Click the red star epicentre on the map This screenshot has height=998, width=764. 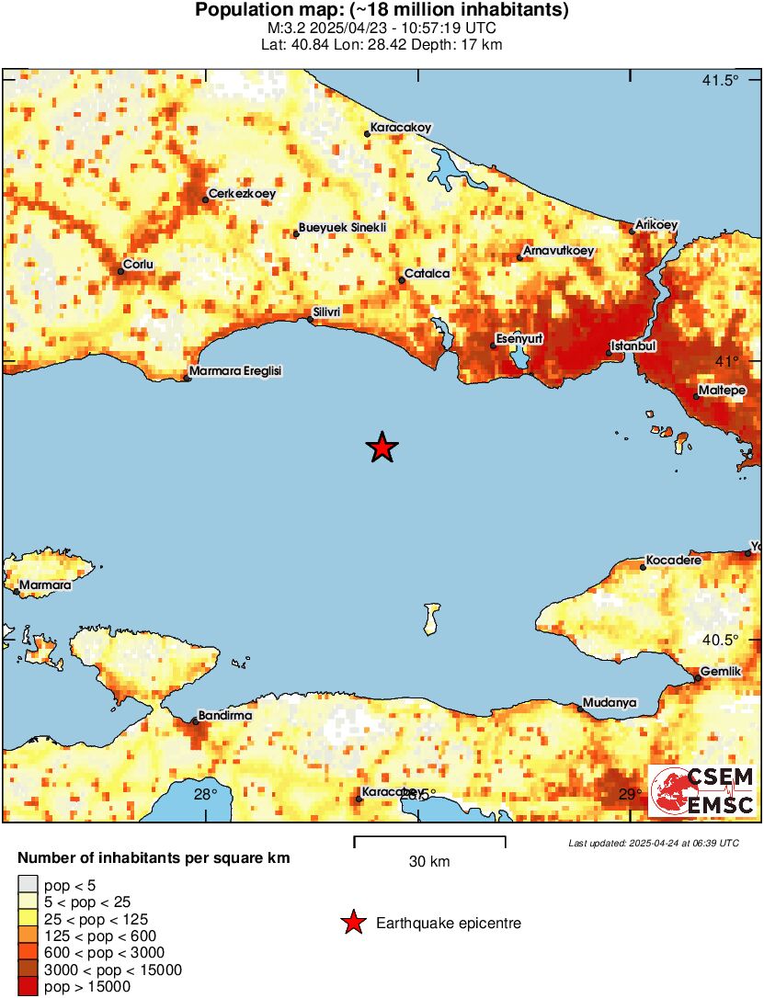(x=382, y=448)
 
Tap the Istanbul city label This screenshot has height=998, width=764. (x=634, y=346)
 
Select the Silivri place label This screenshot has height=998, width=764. (x=327, y=312)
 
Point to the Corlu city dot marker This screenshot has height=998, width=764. (x=120, y=271)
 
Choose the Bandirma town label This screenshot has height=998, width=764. (x=226, y=714)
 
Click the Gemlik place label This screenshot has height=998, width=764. (x=720, y=672)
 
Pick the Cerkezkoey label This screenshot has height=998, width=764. (x=243, y=194)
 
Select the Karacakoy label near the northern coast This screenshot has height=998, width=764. (x=401, y=128)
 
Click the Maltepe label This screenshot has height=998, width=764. (x=722, y=391)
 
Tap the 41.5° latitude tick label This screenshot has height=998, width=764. (x=720, y=80)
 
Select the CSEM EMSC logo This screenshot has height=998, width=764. (x=702, y=791)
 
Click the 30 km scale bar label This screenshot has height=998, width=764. (x=429, y=862)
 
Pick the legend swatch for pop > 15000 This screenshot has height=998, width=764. (x=28, y=987)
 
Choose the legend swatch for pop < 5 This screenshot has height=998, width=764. (x=28, y=884)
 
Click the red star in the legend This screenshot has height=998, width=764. (x=353, y=924)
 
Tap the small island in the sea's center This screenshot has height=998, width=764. (x=430, y=618)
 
